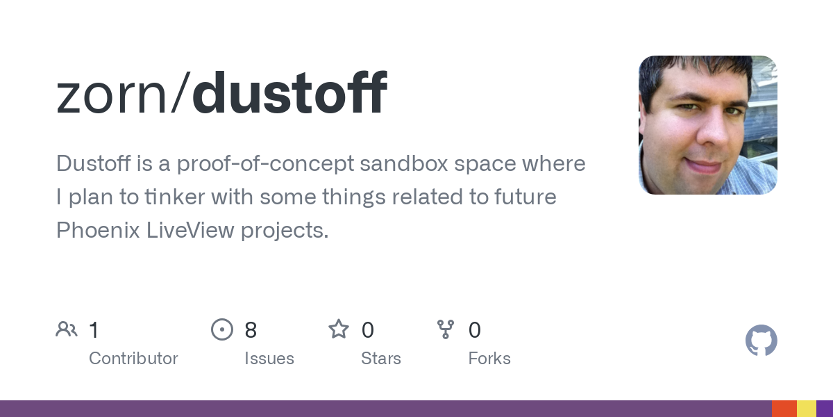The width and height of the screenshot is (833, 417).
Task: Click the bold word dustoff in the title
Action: pos(289,92)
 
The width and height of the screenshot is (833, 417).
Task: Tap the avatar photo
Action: pos(707,125)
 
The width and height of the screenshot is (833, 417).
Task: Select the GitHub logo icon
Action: pos(762,341)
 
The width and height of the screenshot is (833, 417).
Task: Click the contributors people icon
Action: pos(67,329)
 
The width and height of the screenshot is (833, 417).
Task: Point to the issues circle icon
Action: pos(222,329)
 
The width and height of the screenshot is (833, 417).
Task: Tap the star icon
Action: pos(339,329)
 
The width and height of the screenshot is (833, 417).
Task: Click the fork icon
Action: pos(446,329)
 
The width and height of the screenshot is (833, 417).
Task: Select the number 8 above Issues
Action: pos(251,330)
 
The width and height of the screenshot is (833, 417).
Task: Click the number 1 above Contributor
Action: pos(94,330)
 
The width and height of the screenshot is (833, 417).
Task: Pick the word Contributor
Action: pos(133,359)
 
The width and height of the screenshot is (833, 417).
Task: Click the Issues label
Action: pos(269,359)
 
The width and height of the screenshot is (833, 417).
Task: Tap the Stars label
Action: pos(381,359)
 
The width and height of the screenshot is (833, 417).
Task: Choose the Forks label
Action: pos(489,359)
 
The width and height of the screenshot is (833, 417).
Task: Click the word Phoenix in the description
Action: pos(98,230)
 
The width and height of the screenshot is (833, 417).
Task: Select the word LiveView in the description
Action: pos(190,230)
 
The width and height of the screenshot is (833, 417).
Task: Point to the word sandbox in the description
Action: pos(404,163)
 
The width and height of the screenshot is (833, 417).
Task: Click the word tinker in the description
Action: pos(175,196)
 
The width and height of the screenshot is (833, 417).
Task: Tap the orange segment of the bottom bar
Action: pos(784,409)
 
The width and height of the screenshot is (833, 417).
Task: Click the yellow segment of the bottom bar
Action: pos(807,409)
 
